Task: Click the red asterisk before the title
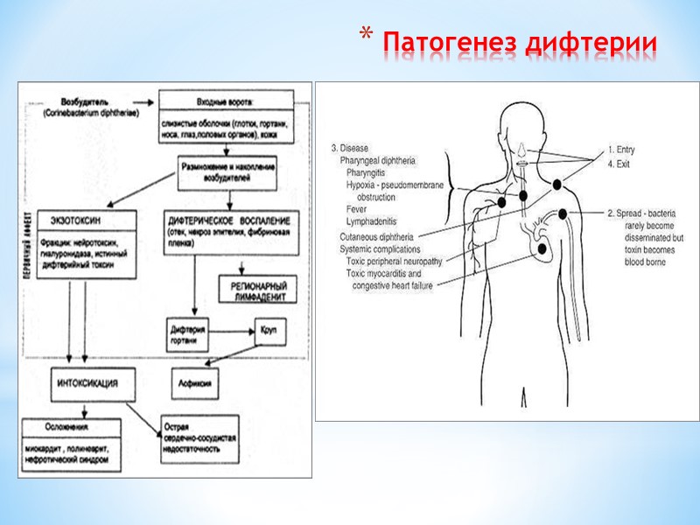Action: point(367,36)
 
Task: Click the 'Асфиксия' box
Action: point(193,382)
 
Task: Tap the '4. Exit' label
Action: point(619,163)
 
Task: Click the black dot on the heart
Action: point(542,248)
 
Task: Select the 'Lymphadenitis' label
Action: point(372,223)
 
